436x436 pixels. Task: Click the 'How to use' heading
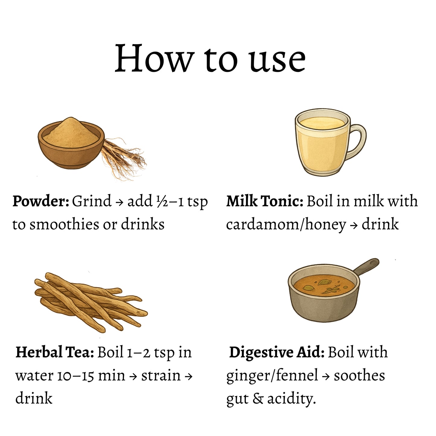210,58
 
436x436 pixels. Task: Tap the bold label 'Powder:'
41,201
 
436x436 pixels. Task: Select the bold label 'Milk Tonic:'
265,201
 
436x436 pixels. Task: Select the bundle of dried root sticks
91,303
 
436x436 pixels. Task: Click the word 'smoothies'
64,224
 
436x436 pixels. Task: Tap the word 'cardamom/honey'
286,225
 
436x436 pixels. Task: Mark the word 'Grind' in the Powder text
92,201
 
